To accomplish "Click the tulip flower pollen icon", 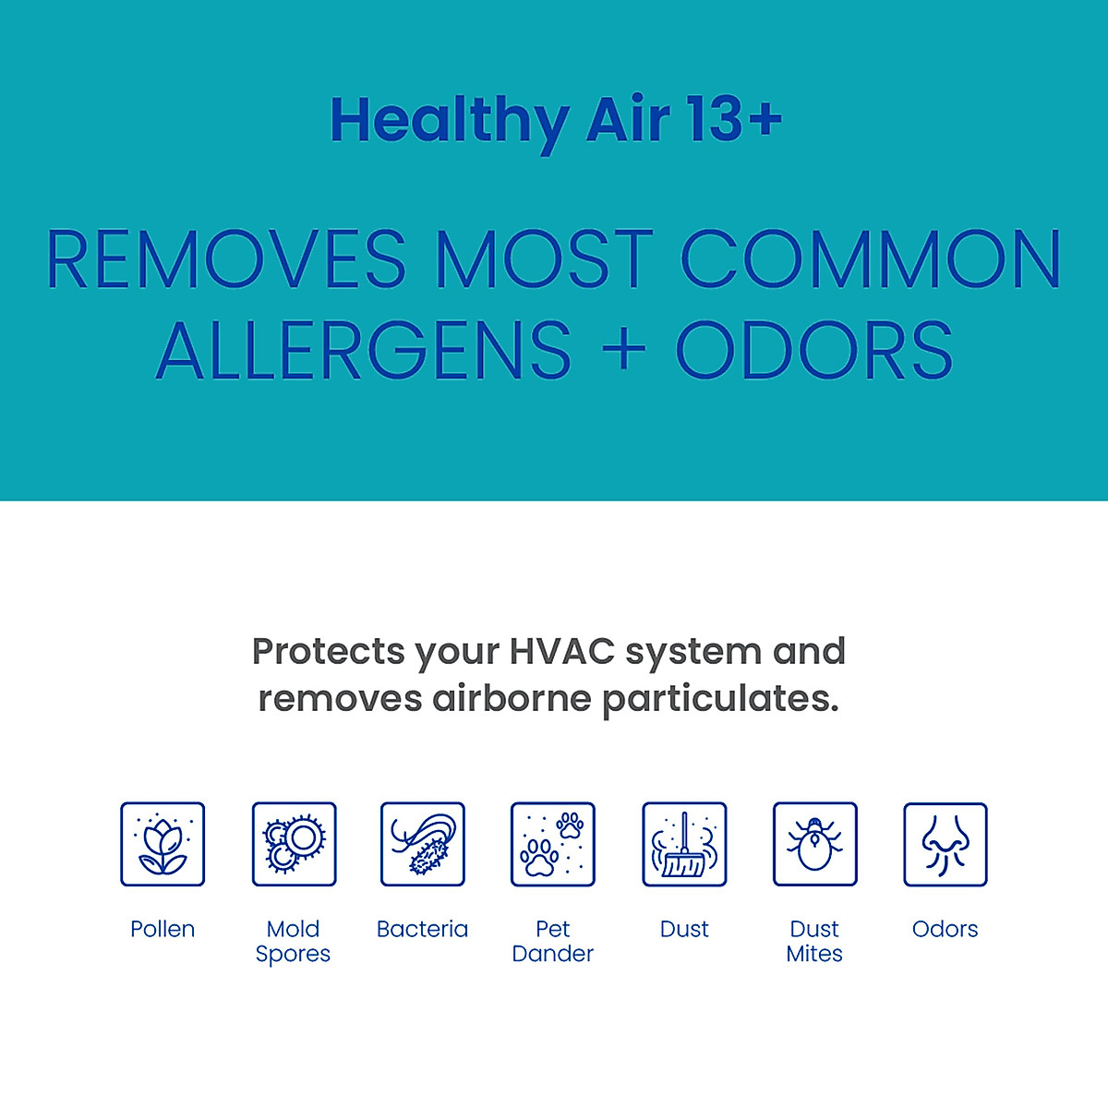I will tap(163, 844).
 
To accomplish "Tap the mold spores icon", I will tap(294, 844).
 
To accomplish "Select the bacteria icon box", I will tap(423, 844).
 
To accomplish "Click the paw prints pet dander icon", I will tap(553, 844).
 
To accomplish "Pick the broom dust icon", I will tap(684, 844).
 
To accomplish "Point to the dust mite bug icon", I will tap(814, 844).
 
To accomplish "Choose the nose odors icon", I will tap(945, 844).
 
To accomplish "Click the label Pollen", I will tap(163, 929).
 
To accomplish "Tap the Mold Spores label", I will tap(293, 941).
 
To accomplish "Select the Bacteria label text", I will tap(423, 929).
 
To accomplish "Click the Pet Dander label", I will tap(553, 941).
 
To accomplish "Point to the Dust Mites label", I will tap(814, 941).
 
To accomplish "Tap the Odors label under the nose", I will tap(945, 929).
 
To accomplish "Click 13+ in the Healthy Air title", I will tap(735, 120).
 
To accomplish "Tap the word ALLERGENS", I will tap(365, 351).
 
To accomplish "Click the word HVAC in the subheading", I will tap(561, 651).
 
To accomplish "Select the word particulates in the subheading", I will tap(720, 699).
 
